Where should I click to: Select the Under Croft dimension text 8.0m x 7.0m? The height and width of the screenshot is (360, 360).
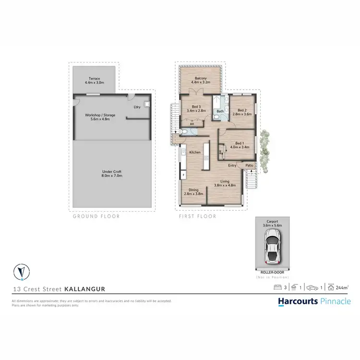[x=112, y=176]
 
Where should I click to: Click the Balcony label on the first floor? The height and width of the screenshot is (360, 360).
[x=200, y=78]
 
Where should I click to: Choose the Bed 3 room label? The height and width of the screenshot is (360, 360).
[x=196, y=106]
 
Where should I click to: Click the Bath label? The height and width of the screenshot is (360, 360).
[x=219, y=111]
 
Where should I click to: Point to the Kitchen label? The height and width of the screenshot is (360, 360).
[x=194, y=152]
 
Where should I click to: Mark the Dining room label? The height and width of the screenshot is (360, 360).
[x=193, y=190]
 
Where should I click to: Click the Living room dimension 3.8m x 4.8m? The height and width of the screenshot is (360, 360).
[x=225, y=185]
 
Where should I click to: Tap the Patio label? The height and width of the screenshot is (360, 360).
[x=249, y=166]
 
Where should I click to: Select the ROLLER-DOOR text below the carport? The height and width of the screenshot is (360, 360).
[x=272, y=271]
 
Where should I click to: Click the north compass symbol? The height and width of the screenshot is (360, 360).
[x=21, y=272]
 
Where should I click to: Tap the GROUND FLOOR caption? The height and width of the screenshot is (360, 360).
[x=96, y=216]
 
